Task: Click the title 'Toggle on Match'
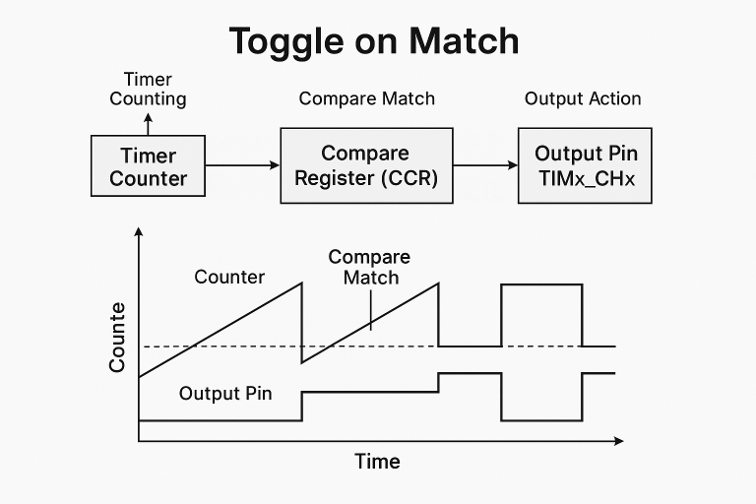pos(373,41)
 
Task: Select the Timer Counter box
pos(149,166)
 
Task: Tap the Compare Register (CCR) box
pos(366,165)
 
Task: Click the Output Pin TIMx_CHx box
pos(585,165)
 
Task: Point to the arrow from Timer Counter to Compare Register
pos(244,165)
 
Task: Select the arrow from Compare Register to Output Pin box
pos(485,165)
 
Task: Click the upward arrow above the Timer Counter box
pos(149,124)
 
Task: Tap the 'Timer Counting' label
pos(148,89)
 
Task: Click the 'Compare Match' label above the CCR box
pos(366,98)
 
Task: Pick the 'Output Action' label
pos(583,98)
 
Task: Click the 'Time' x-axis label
pos(377,462)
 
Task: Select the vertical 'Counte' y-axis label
pos(117,337)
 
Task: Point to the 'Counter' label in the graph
pos(229,277)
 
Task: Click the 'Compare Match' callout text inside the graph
pos(369,267)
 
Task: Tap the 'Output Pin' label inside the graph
pos(225,394)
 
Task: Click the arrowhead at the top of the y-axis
pos(139,231)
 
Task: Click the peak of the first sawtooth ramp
pos(301,284)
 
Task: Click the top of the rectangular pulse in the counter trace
pos(541,284)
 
